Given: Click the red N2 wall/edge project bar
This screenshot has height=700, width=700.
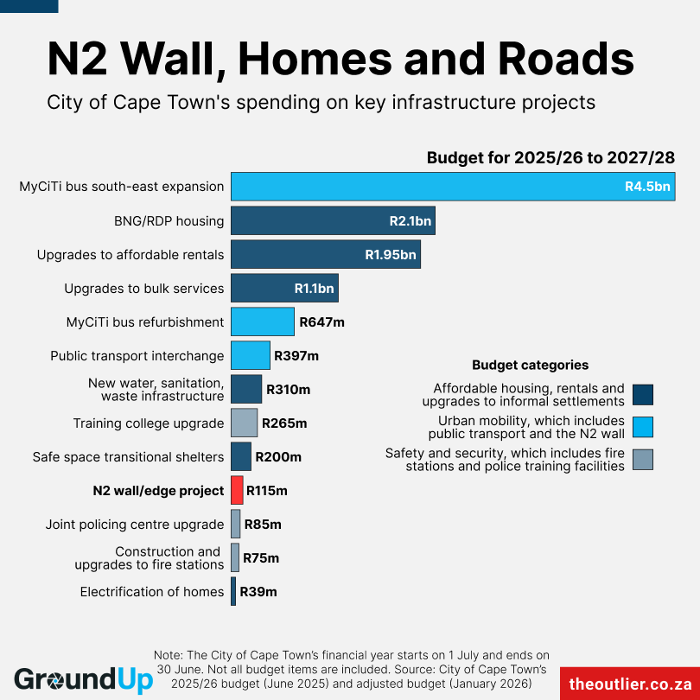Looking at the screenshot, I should click(x=237, y=490).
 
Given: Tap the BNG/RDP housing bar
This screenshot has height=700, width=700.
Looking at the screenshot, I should click(x=333, y=220).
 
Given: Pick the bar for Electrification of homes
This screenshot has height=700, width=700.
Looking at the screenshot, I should click(x=233, y=591).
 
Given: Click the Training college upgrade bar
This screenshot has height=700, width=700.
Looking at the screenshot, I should click(x=244, y=423).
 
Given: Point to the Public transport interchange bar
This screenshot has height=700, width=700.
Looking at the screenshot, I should click(x=251, y=355).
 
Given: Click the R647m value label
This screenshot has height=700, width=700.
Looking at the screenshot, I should click(x=321, y=322).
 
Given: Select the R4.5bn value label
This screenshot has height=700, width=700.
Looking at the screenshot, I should click(x=647, y=187).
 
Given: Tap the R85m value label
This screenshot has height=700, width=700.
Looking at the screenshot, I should click(x=263, y=525).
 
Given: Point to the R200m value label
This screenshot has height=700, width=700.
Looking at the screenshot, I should click(x=278, y=457).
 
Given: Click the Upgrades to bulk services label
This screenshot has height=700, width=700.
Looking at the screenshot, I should click(x=144, y=289).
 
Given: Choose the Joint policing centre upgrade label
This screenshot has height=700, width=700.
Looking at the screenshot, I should click(x=135, y=525).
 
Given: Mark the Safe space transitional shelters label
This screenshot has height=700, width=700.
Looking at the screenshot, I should click(x=128, y=457).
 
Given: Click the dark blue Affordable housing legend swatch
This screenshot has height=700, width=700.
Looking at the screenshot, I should click(x=642, y=395).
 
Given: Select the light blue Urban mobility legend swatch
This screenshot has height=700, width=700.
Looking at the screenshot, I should click(x=642, y=427).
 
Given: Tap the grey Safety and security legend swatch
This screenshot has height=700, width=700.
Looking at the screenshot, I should click(x=642, y=459).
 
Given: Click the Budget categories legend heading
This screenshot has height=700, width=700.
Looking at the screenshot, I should click(x=530, y=365).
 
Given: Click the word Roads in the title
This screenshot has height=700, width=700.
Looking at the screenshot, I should click(x=566, y=59).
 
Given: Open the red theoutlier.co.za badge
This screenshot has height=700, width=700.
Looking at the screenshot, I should click(x=630, y=683).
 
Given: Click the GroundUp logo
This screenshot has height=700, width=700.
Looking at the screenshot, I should click(x=83, y=679).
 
